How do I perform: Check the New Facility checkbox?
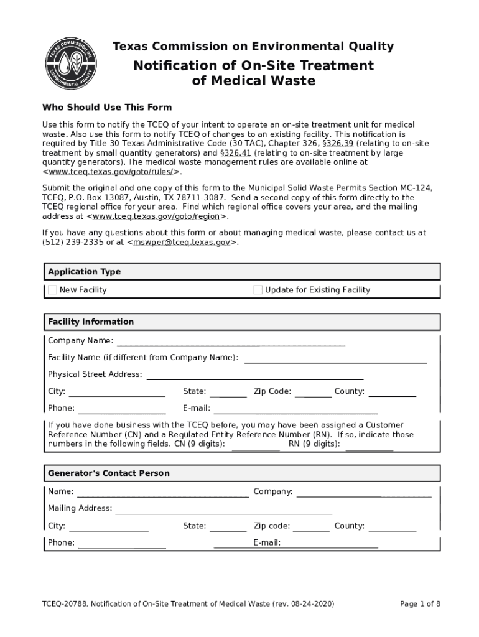(x=53, y=290)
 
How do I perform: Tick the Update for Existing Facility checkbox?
(x=258, y=290)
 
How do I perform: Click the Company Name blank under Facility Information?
(x=231, y=341)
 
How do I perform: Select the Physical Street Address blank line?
(x=255, y=374)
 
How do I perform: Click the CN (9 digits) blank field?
(x=256, y=444)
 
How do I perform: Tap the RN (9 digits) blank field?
(x=370, y=444)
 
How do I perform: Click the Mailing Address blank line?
(x=224, y=509)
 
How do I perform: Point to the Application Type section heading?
(x=85, y=272)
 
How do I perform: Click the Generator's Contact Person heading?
(x=109, y=473)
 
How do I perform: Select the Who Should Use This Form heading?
(x=107, y=108)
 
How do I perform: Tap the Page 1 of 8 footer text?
(x=420, y=604)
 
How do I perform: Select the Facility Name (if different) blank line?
(x=336, y=358)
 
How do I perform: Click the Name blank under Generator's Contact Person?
(x=162, y=492)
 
